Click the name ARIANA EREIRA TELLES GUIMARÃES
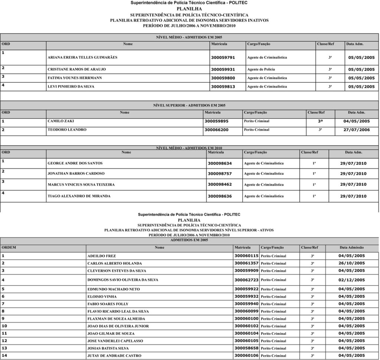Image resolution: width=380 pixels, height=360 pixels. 82,57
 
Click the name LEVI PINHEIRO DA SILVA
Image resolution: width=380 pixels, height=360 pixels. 71,86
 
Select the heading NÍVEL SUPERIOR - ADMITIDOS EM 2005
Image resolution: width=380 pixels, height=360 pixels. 189,105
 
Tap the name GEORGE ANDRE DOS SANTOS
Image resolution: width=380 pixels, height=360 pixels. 75,163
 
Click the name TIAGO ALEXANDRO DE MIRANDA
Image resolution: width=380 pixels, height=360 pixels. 79,196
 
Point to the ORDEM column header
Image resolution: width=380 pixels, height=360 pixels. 9,247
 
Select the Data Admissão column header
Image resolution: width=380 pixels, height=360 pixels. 351,247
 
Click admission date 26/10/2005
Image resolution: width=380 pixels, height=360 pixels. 351,263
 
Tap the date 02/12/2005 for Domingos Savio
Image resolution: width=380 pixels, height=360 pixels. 351,280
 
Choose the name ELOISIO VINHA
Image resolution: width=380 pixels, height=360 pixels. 102,297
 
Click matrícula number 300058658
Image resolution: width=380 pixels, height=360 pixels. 246,348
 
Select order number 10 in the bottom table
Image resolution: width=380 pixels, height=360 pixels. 4,326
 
